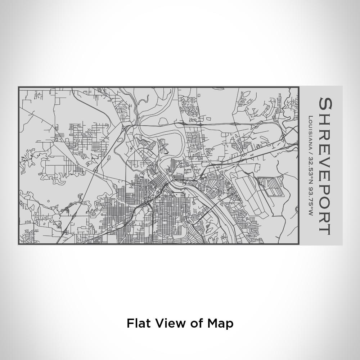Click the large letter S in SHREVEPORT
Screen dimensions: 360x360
tap(325, 104)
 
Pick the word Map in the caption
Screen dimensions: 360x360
tap(220, 323)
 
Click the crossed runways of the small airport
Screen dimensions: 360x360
tap(164, 147)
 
